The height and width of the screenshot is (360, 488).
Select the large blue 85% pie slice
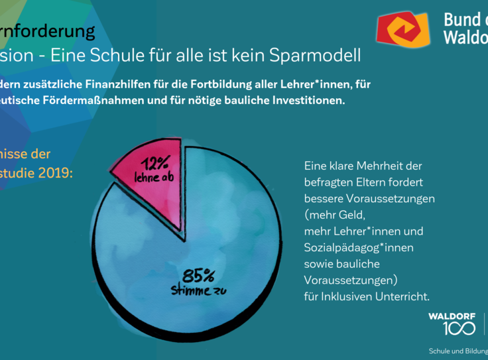199,252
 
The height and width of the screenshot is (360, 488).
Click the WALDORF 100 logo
452,323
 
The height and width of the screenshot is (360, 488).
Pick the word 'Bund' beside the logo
464,20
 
